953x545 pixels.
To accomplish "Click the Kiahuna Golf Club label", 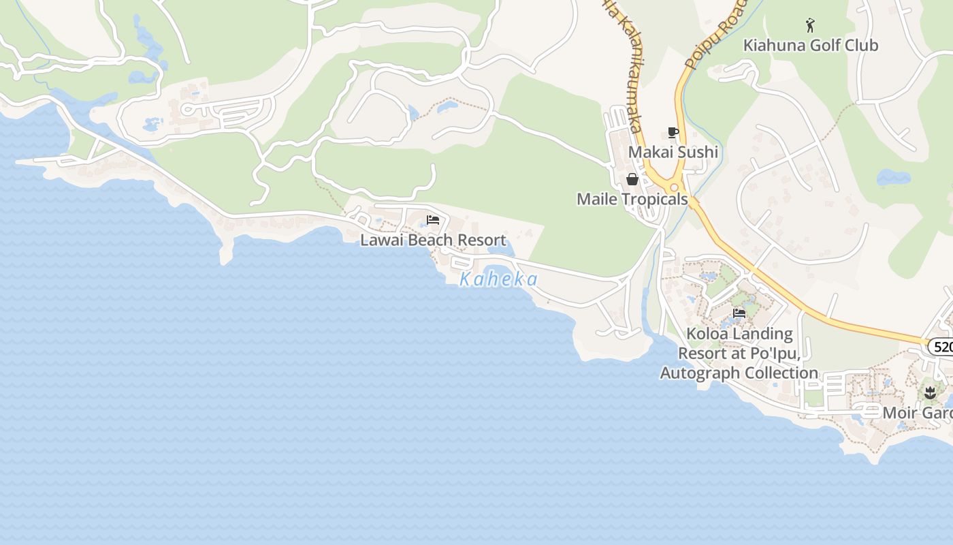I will pyautogui.click(x=810, y=46).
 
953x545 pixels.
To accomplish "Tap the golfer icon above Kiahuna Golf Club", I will pyautogui.click(x=809, y=26).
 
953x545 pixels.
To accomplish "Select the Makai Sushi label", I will pyautogui.click(x=673, y=152).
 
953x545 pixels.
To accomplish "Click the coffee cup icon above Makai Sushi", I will pyautogui.click(x=673, y=132).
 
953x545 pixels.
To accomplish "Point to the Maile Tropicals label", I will pyautogui.click(x=632, y=199).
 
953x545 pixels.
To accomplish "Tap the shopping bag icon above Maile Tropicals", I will pyautogui.click(x=632, y=179).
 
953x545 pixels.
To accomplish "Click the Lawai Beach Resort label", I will pyautogui.click(x=433, y=240).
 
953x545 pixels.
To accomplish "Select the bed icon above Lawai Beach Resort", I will pyautogui.click(x=433, y=220).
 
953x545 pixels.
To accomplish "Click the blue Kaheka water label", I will pyautogui.click(x=498, y=279).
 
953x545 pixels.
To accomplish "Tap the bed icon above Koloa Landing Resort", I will pyautogui.click(x=739, y=313).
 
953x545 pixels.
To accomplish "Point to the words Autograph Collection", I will pyautogui.click(x=739, y=373).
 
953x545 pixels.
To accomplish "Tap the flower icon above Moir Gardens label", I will pyautogui.click(x=930, y=393).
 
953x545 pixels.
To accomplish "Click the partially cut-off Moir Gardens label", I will pyautogui.click(x=917, y=413).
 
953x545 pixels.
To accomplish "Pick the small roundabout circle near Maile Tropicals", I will pyautogui.click(x=675, y=187).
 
